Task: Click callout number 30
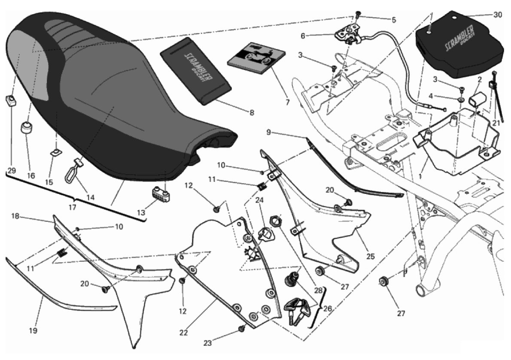point(497,15)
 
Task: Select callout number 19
point(33,330)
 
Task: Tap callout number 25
point(370,257)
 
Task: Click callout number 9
point(268,133)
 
